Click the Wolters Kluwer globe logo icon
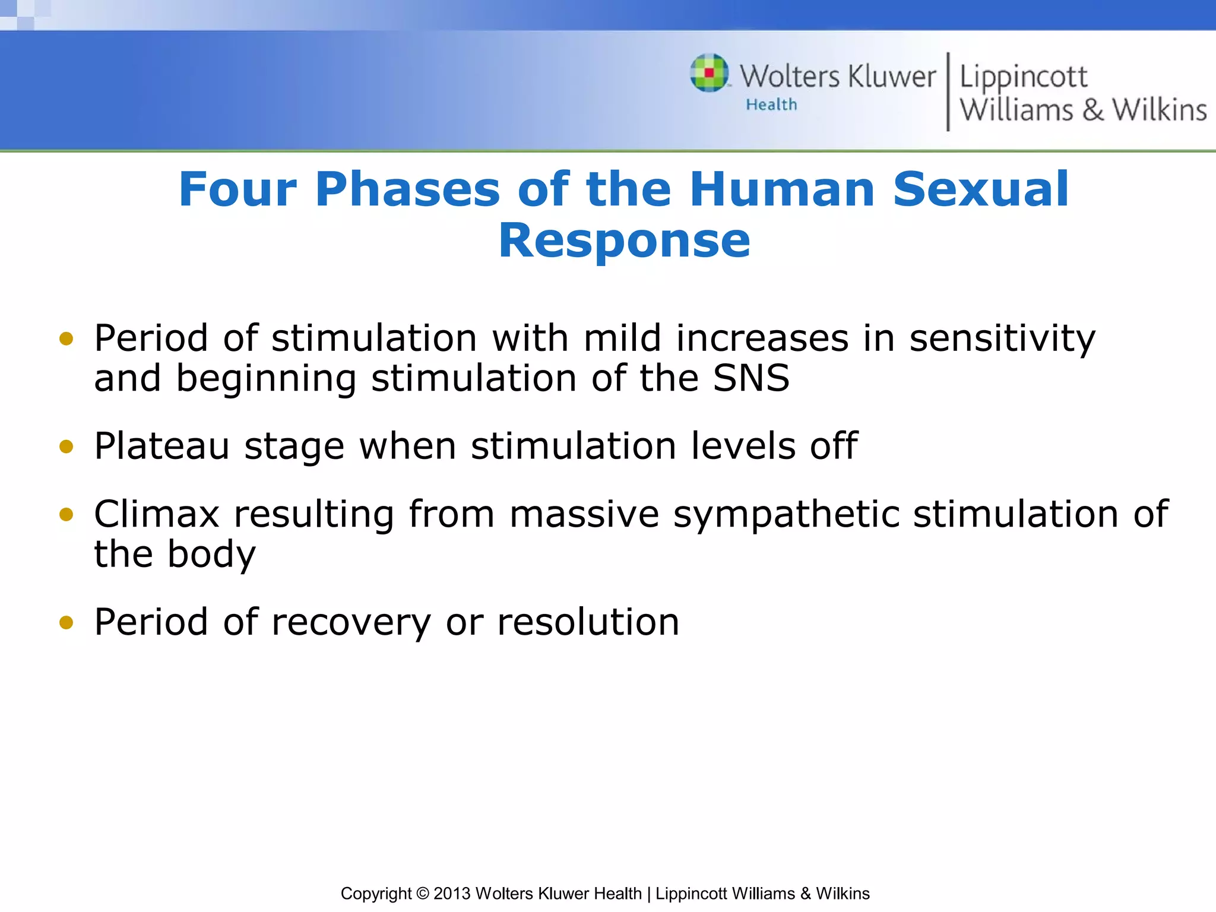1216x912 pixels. (x=709, y=73)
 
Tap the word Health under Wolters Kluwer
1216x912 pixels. (x=771, y=104)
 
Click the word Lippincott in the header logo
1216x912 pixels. (x=1023, y=77)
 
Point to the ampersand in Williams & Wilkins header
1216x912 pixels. (x=1092, y=110)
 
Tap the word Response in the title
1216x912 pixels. (x=624, y=240)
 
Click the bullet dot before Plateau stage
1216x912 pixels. (x=66, y=446)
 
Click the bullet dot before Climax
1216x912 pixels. (x=66, y=514)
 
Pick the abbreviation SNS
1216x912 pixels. (x=750, y=378)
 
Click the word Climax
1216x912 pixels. (x=157, y=514)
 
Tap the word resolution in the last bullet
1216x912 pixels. (x=588, y=622)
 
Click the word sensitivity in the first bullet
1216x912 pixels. (x=1002, y=338)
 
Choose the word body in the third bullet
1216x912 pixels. (x=211, y=555)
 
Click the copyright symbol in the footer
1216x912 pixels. (x=422, y=894)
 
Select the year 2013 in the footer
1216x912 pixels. (x=452, y=894)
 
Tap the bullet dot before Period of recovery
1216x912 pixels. (x=66, y=622)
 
